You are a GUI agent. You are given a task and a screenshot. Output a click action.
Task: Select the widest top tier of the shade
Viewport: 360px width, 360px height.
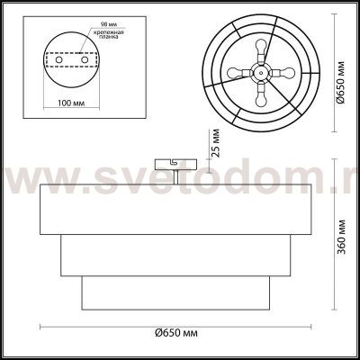click(176, 206)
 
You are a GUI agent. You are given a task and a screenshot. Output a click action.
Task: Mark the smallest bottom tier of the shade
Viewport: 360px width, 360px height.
click(176, 290)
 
